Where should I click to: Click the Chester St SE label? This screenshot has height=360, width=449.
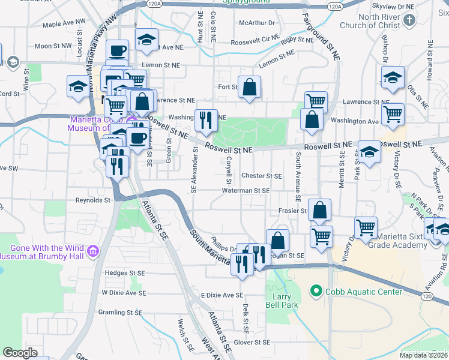[261, 176]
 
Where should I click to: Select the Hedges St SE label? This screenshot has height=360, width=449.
[125, 272]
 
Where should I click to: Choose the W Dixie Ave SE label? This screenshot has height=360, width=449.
[123, 292]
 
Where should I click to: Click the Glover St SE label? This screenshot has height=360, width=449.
[255, 343]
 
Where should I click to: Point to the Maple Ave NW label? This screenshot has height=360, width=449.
[64, 24]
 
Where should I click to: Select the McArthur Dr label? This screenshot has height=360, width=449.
[256, 23]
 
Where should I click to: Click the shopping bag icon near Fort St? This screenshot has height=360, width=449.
[249, 87]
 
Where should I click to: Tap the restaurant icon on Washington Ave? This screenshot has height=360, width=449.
[206, 119]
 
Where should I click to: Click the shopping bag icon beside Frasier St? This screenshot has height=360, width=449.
[320, 210]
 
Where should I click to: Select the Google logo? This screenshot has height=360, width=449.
[20, 353]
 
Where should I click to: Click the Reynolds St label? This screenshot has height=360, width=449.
[93, 200]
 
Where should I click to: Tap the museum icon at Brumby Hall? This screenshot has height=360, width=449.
[92, 251]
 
